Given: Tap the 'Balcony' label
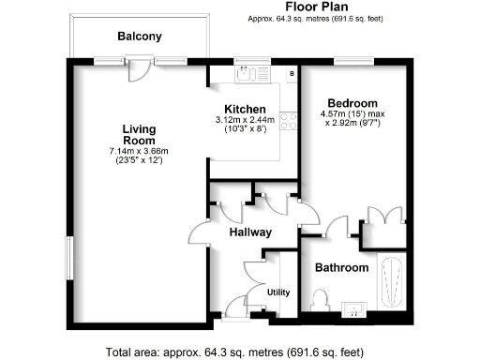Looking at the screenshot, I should (x=140, y=37).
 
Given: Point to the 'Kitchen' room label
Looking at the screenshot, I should (x=244, y=109).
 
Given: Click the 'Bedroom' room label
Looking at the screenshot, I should (x=352, y=103).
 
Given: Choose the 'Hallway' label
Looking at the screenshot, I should (x=250, y=232).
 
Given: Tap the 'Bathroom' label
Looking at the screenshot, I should (x=341, y=267).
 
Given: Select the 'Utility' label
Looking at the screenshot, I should (x=278, y=292).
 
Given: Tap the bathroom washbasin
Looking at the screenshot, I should (x=354, y=307).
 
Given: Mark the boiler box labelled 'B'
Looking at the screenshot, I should (x=292, y=72).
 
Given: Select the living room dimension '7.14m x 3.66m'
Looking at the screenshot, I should (x=139, y=153).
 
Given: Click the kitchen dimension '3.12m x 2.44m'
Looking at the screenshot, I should (x=245, y=120).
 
